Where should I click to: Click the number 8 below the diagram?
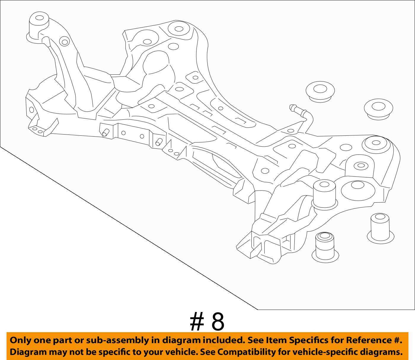(x=218, y=322)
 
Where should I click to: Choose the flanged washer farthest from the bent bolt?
(x=378, y=109)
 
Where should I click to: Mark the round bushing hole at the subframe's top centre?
(x=178, y=29)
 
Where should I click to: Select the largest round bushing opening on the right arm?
(x=355, y=189)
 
